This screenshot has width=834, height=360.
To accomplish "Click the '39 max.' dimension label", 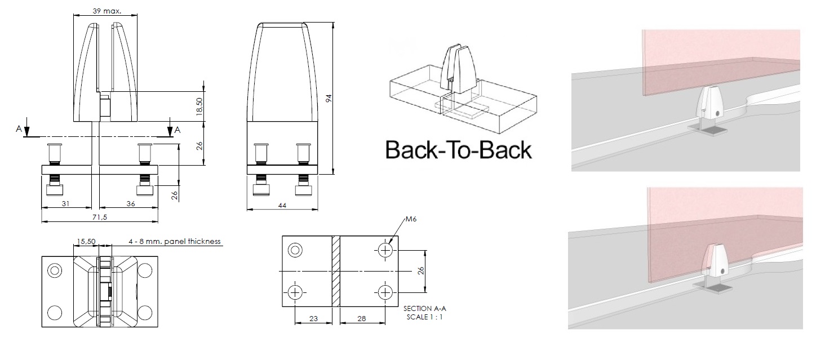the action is (107, 11).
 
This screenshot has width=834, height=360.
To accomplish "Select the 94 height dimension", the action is (329, 98).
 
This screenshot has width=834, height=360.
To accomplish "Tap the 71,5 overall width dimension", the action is (100, 217).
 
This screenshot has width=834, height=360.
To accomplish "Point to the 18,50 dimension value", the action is (199, 106).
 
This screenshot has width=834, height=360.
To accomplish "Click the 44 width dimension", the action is (282, 205).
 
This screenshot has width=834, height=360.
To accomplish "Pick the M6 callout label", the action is (411, 219).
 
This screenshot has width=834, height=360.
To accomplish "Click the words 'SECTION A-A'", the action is (424, 309).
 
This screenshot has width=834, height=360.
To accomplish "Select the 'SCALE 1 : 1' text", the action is (424, 317).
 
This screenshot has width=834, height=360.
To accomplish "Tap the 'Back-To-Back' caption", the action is (458, 150).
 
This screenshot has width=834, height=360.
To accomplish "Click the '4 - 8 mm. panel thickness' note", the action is (175, 241).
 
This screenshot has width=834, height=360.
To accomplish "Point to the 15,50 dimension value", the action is (86, 241).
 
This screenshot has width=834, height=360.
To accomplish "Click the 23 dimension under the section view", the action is (313, 319).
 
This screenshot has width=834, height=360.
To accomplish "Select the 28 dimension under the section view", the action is (362, 319).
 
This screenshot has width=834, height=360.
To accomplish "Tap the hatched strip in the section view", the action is (336, 271).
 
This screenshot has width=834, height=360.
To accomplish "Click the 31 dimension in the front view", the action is (65, 203).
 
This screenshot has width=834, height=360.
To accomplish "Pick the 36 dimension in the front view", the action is (131, 203).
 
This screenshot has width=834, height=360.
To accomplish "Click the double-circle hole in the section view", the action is (295, 250).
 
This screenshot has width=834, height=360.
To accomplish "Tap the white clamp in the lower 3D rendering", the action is (715, 265).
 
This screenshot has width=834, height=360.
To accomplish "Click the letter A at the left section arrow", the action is (19, 129).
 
